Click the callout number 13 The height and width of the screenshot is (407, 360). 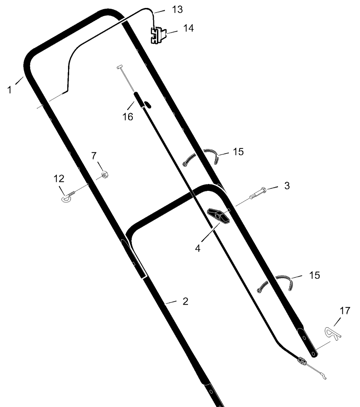point(177,10)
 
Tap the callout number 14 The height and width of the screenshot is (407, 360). point(189,28)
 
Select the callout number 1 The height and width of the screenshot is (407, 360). point(10,90)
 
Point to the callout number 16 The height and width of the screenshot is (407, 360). point(127,117)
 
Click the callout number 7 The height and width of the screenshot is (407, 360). point(94,156)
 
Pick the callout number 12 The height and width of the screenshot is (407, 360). point(59,179)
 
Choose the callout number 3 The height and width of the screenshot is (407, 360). point(287,185)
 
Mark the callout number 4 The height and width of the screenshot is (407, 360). point(198,249)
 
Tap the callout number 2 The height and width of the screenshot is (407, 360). point(185,301)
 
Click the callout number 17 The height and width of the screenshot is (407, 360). point(345,310)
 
